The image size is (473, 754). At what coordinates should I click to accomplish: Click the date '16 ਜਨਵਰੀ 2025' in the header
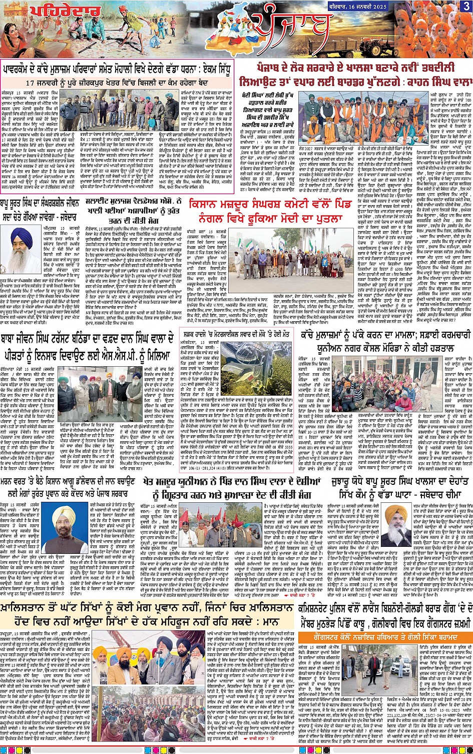[x=365, y=6]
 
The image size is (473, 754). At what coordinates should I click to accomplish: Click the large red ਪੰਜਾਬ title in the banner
[x=290, y=28]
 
